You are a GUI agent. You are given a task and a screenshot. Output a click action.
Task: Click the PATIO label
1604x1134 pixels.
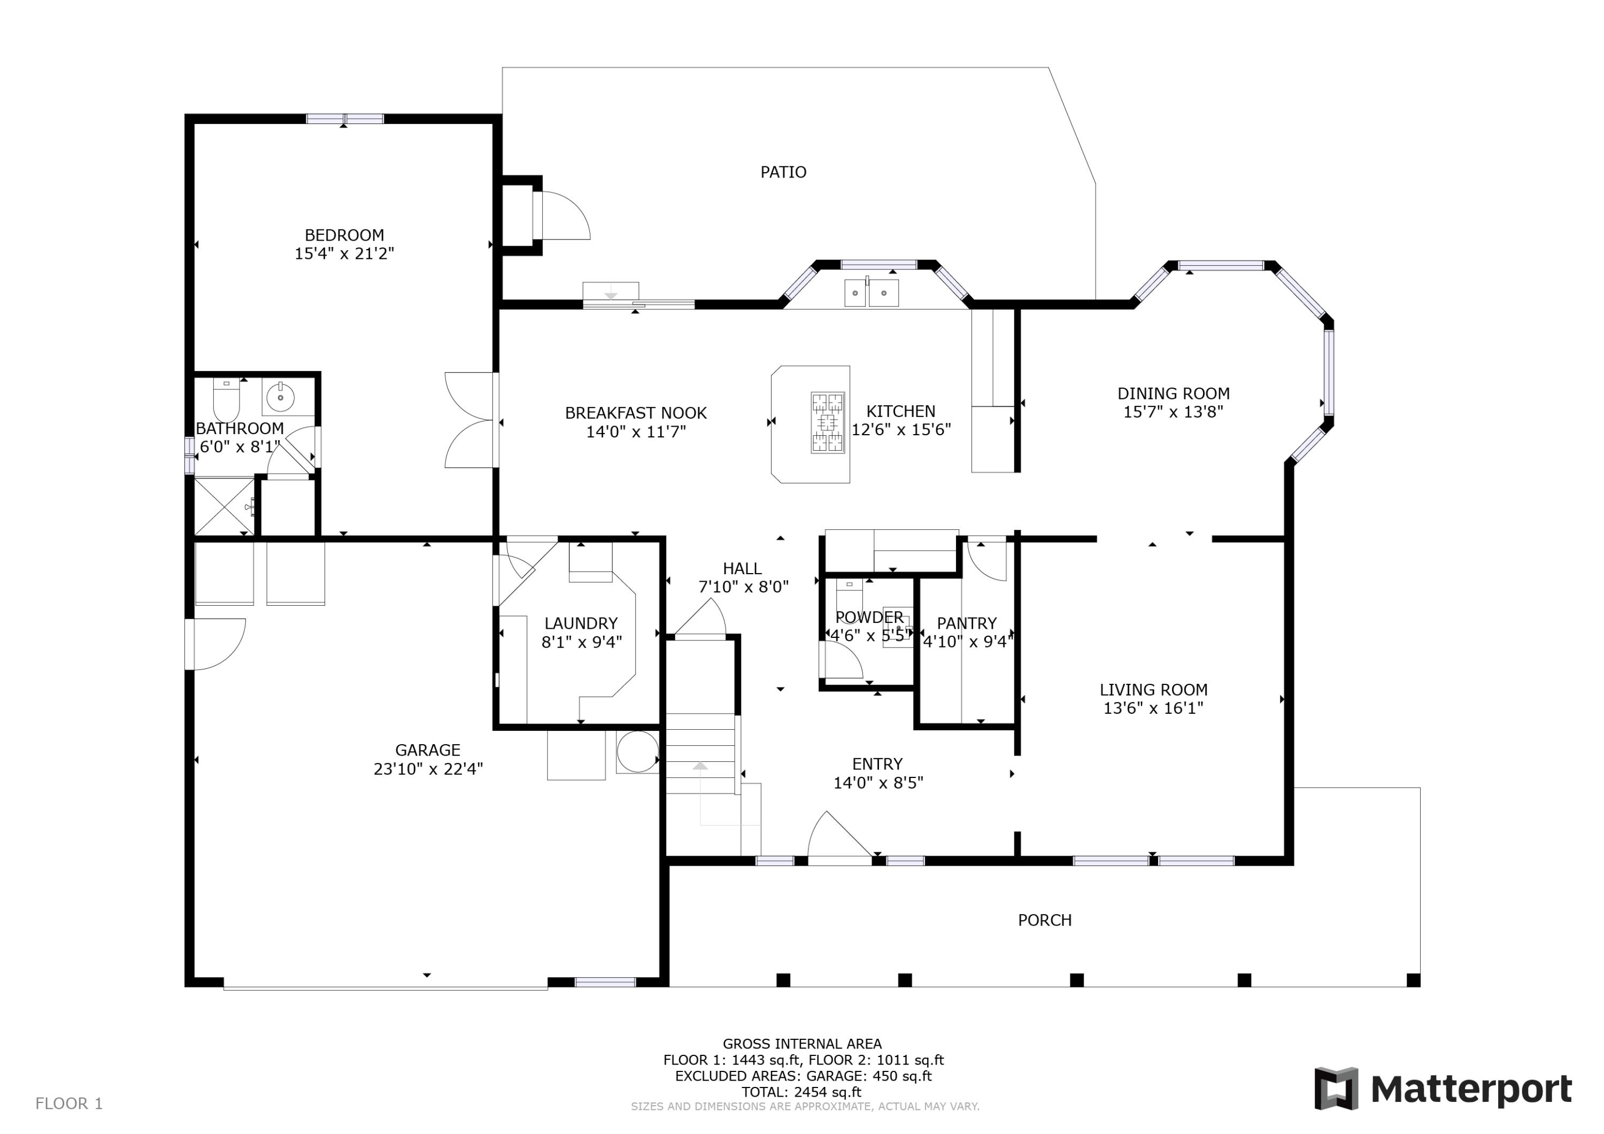pyautogui.click(x=783, y=172)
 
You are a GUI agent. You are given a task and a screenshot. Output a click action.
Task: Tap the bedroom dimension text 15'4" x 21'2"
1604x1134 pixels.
pyautogui.click(x=344, y=253)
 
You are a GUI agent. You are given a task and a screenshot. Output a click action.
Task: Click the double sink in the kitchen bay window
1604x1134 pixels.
pyautogui.click(x=871, y=293)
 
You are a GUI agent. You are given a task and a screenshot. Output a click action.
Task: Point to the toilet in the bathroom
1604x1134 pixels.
pyautogui.click(x=226, y=400)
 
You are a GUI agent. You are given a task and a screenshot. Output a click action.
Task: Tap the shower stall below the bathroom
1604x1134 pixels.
pyautogui.click(x=223, y=506)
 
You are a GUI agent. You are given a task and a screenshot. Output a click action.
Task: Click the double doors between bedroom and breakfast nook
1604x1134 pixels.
pyautogui.click(x=472, y=420)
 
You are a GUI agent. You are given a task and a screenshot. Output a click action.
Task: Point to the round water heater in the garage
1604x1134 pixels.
pyautogui.click(x=637, y=752)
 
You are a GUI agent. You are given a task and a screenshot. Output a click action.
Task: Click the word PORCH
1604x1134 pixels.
pyautogui.click(x=1044, y=920)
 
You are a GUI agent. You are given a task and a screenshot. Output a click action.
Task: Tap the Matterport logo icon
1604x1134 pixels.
pyautogui.click(x=1336, y=1088)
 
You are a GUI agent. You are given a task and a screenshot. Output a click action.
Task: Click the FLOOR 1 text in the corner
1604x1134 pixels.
pyautogui.click(x=69, y=1103)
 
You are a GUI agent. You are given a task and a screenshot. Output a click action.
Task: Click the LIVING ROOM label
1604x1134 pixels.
pyautogui.click(x=1153, y=690)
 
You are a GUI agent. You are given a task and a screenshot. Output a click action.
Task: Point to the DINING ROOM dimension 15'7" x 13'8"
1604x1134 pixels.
pyautogui.click(x=1173, y=412)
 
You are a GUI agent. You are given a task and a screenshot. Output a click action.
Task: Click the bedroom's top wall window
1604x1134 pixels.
pyautogui.click(x=345, y=119)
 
